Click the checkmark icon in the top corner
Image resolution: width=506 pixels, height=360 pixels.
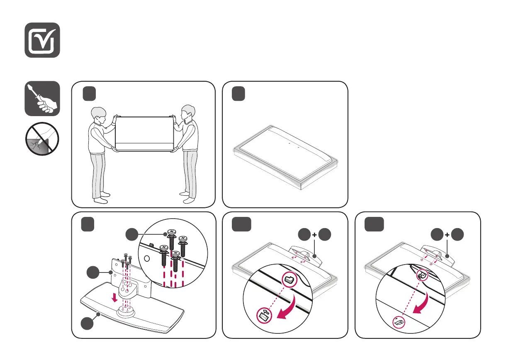click(x=42, y=40)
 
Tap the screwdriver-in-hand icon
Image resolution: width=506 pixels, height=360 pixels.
click(x=42, y=99)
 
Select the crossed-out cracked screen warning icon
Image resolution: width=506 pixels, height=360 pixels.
click(x=42, y=139)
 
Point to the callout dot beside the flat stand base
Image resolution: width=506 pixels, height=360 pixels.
click(x=88, y=324)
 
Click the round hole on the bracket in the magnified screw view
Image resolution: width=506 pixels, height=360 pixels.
click(x=146, y=257)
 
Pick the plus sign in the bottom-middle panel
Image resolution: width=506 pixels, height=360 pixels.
click(x=314, y=235)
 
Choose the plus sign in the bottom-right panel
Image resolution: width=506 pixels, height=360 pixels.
click(x=447, y=235)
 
